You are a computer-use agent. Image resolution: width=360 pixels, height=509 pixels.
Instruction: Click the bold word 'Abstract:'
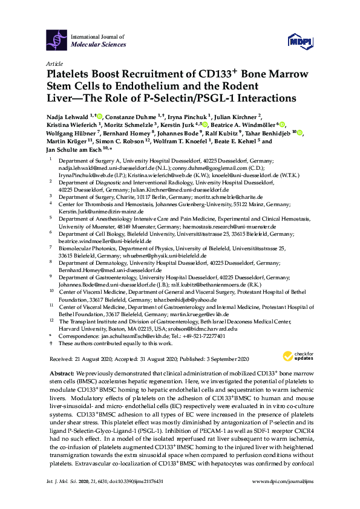pyautogui.click(x=62, y=374)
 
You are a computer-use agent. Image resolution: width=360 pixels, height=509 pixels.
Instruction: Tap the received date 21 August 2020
pyautogui.click(x=94, y=358)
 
